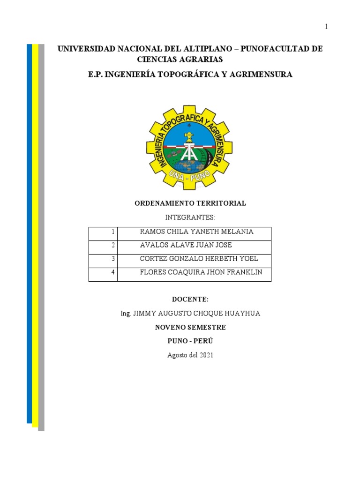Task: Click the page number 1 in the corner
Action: coord(326,27)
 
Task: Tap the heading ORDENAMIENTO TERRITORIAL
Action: coord(190,203)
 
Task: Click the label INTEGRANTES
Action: coord(190,217)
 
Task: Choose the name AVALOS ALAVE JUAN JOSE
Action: coord(186,245)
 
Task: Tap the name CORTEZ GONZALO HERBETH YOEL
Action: coord(199,259)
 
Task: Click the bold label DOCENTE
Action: coord(190,300)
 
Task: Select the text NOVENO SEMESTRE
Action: coord(190,327)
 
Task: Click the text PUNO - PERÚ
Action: coord(190,341)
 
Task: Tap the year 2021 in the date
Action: coord(205,355)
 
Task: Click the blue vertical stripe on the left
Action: coord(29,234)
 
